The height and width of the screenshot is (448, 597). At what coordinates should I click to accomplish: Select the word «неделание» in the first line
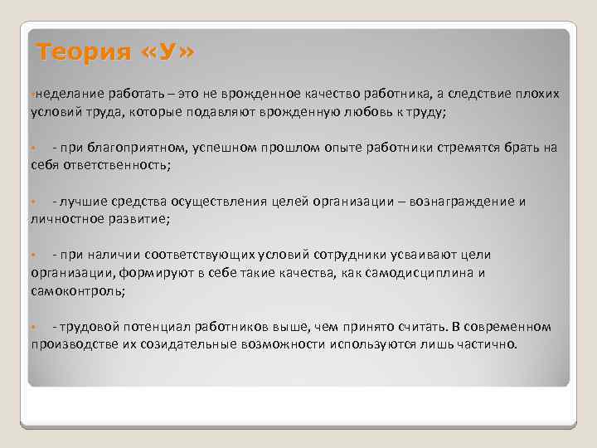[62, 95]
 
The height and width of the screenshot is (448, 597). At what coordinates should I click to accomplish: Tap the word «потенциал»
[161, 328]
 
